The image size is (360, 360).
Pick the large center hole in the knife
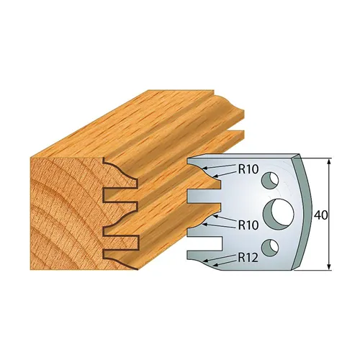(x=277, y=214)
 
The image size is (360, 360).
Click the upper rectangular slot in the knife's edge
(x=201, y=195)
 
